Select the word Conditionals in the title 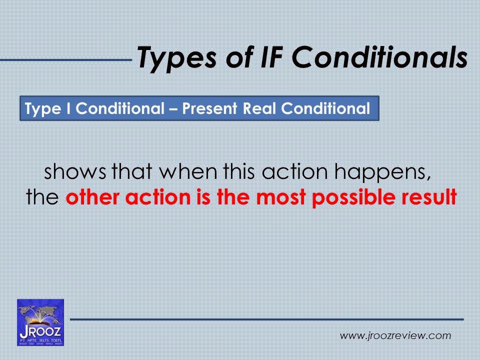coord(380,57)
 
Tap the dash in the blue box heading coord(173,109)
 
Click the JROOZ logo coord(40,322)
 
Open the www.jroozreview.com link coord(395,335)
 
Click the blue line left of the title coord(65,60)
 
